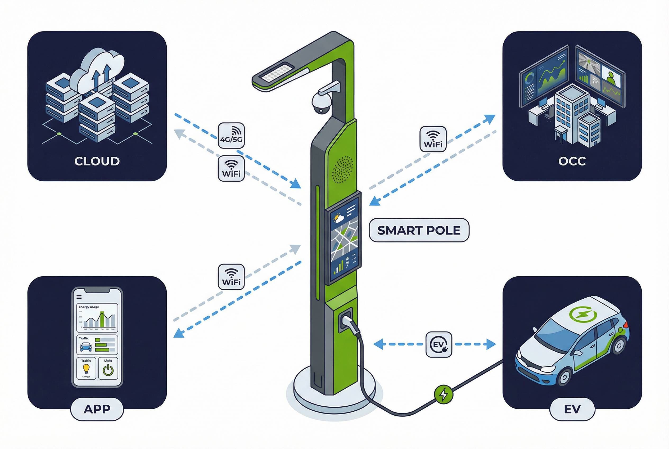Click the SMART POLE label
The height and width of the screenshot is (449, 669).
[x=419, y=230]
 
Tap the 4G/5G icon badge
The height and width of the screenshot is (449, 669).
[x=231, y=136]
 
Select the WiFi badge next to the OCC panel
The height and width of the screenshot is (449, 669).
[x=433, y=139]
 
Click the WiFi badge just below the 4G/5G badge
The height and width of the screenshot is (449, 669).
[x=231, y=169]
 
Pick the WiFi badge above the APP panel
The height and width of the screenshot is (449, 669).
[x=231, y=277]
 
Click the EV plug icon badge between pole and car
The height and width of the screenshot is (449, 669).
[x=439, y=344]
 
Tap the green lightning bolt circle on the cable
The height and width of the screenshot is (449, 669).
[x=444, y=394]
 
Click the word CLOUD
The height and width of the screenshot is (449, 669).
[x=97, y=161]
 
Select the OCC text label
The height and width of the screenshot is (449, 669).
[x=572, y=161]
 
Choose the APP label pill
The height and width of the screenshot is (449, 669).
[x=97, y=409]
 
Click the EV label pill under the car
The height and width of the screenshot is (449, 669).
[x=572, y=409]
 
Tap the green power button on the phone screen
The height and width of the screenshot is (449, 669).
[x=108, y=370]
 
